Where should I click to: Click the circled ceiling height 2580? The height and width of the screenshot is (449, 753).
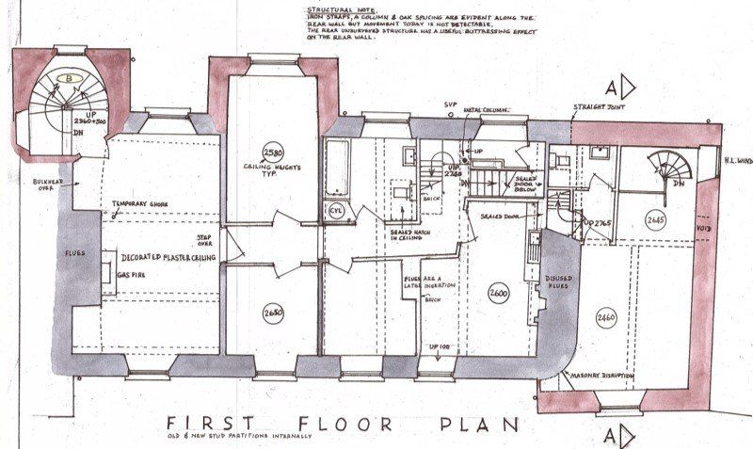pos(273,152)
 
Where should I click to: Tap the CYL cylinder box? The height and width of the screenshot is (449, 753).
pos(337,212)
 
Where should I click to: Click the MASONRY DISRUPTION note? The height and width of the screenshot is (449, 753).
pos(595,377)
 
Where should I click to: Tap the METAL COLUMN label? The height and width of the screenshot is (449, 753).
pos(487,111)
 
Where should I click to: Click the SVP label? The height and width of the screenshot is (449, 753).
pos(450,104)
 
